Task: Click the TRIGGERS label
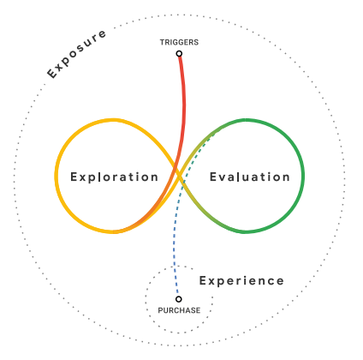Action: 179,42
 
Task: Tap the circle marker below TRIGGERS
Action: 179,53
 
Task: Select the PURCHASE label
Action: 179,310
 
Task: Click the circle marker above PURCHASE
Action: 179,299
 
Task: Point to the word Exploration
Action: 114,177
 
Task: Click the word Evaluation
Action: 250,177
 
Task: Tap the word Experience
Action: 241,281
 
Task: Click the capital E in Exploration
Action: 74,177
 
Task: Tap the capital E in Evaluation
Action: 213,177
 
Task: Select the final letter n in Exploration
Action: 154,178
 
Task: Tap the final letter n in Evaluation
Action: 286,178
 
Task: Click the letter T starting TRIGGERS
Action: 162,42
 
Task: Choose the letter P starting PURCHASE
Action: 160,310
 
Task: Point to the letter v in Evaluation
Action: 223,178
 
